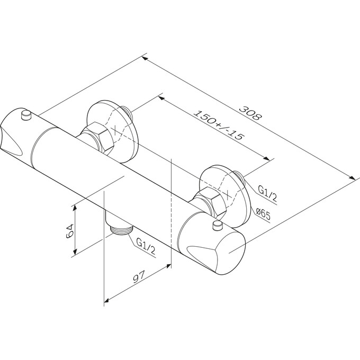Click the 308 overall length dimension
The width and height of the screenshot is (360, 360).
pos(250,112)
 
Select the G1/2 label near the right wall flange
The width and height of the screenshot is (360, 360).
pos(267,193)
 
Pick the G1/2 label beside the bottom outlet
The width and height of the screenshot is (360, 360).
pos(146,246)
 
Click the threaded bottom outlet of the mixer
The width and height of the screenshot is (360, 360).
pos(121,230)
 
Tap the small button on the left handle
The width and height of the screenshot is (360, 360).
pos(26,115)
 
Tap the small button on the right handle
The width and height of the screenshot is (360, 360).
pos(218,225)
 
